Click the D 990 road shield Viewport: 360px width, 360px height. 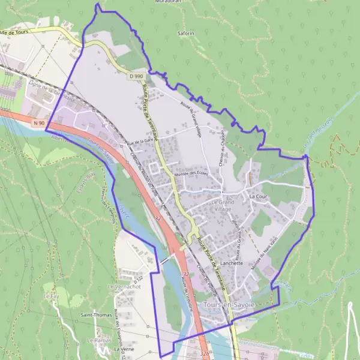pyautogui.click(x=135, y=76)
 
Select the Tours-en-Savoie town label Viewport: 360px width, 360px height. pyautogui.click(x=229, y=305)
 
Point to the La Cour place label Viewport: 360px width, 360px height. pyautogui.click(x=257, y=196)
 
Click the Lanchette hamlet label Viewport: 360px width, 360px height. pyautogui.click(x=231, y=263)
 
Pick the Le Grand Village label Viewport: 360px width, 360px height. pyautogui.click(x=221, y=206)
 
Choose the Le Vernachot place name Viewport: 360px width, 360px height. pyautogui.click(x=119, y=287)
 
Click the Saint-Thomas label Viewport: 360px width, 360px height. pyautogui.click(x=94, y=314)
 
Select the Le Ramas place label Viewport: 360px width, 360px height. pyautogui.click(x=97, y=340)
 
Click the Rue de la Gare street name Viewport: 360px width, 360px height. pyautogui.click(x=140, y=141)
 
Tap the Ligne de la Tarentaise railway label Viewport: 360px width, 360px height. pyautogui.click(x=51, y=92)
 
